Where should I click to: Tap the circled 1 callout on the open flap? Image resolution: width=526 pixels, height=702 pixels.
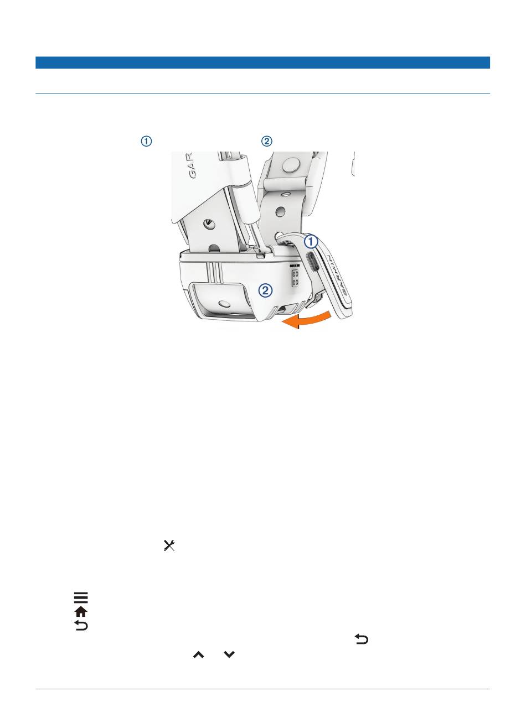click(311, 241)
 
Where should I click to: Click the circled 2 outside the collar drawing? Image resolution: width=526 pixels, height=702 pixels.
click(266, 142)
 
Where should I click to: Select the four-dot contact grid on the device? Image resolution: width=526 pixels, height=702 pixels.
click(295, 278)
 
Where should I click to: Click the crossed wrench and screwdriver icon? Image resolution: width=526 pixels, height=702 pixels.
click(168, 545)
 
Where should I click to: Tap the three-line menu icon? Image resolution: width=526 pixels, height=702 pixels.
click(81, 598)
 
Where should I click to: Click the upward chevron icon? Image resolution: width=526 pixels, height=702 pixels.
click(198, 654)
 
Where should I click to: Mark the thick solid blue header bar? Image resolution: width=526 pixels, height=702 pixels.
click(262, 63)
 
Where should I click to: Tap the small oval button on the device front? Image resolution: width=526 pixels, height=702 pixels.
click(225, 303)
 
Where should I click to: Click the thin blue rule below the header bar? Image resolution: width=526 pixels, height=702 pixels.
click(262, 93)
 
